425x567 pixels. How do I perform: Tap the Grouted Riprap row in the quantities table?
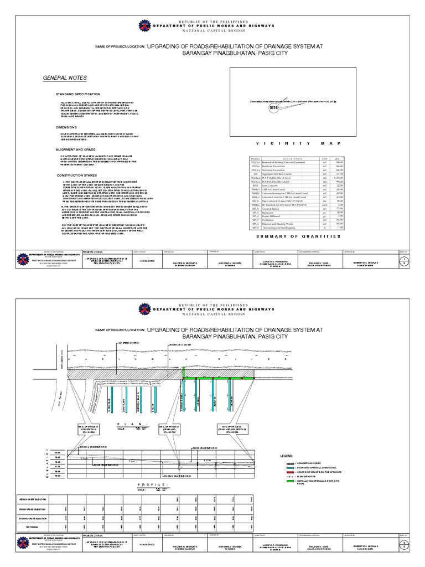280,208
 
